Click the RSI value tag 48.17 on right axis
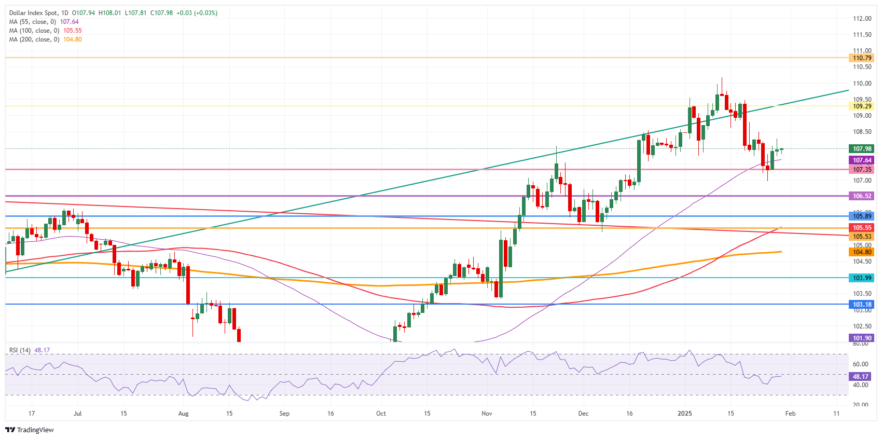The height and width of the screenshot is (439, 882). tap(860, 377)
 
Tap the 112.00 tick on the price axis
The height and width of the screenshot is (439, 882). tap(862, 19)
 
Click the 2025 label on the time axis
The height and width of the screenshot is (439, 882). tap(685, 414)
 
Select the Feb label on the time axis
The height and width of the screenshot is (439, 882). tap(790, 414)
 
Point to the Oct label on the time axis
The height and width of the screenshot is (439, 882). tap(381, 414)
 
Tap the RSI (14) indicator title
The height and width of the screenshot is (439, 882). tap(20, 350)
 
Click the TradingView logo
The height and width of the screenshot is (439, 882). tap(30, 430)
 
